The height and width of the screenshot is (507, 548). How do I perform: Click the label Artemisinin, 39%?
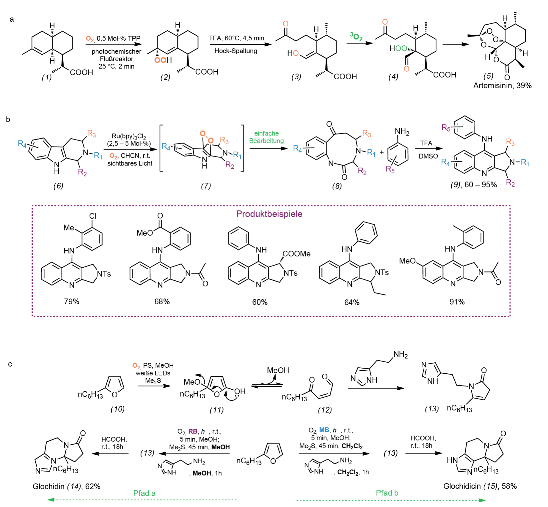(502, 86)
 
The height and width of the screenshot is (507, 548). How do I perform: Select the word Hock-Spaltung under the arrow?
(236, 51)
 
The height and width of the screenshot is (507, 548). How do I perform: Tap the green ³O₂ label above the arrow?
(356, 37)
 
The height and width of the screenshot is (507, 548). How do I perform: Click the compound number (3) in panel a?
(296, 77)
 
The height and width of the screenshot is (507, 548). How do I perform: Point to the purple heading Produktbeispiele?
(269, 214)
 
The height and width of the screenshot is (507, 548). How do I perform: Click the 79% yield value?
(72, 301)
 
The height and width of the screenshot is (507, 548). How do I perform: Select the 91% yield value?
(457, 302)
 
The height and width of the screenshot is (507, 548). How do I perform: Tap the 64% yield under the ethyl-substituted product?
(352, 302)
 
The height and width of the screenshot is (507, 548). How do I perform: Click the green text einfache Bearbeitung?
(266, 137)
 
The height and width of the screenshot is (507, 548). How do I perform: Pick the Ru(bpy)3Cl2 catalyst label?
(129, 136)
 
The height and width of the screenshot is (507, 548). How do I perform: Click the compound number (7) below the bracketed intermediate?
(206, 186)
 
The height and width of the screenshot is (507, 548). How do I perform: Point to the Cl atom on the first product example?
(93, 216)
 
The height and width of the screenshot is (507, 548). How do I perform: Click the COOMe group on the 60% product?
(296, 254)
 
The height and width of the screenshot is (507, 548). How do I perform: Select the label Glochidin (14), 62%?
(66, 486)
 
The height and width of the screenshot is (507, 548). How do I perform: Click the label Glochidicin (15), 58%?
(480, 486)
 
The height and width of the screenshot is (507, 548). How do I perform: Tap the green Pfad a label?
(144, 493)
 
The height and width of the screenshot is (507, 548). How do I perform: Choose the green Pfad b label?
(387, 493)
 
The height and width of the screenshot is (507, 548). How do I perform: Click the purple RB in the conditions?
(193, 431)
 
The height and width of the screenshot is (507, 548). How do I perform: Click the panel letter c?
(10, 364)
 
